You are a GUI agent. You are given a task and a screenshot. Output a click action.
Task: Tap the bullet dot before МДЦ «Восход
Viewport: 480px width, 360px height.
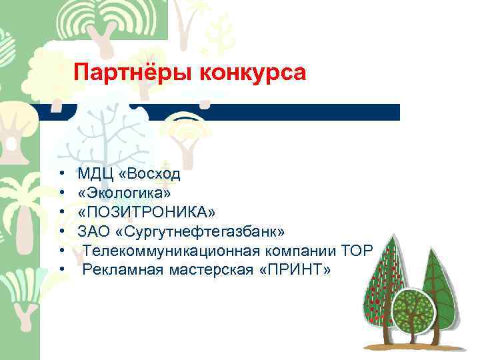[x=61, y=175]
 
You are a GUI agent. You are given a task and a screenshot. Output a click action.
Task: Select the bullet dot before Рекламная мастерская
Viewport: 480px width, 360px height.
[x=61, y=269]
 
